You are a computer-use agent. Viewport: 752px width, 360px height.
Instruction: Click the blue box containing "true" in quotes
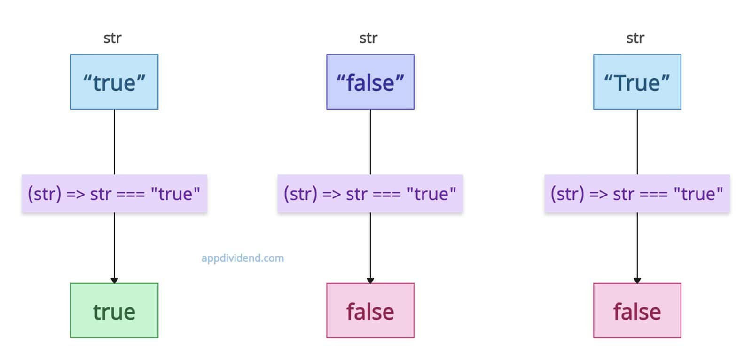(114, 82)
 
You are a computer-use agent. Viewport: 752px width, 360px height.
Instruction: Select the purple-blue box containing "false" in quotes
(370, 82)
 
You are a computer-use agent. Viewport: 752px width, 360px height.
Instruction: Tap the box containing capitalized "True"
(637, 82)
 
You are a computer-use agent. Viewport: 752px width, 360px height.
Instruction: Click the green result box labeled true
(114, 311)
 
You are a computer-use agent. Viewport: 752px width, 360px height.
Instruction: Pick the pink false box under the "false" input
(370, 311)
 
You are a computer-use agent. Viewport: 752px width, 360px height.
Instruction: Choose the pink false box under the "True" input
(637, 311)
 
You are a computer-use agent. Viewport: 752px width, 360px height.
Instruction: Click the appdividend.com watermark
(243, 258)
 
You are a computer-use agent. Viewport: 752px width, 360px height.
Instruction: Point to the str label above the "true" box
(112, 38)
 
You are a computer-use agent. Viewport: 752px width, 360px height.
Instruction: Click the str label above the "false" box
(368, 38)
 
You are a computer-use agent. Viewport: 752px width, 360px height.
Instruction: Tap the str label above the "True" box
(635, 38)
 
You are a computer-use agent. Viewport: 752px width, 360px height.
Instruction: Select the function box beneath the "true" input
(114, 194)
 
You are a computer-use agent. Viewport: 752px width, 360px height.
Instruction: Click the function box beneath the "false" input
(370, 194)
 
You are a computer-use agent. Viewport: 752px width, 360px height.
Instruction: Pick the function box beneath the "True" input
(637, 194)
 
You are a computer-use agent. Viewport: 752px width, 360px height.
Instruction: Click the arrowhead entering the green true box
(114, 281)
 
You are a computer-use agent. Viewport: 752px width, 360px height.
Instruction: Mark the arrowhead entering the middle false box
(370, 281)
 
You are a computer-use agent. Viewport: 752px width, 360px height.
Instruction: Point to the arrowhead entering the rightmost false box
(637, 281)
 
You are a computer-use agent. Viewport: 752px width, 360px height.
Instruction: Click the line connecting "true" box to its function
(114, 142)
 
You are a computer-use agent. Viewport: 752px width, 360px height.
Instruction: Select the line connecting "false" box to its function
(370, 142)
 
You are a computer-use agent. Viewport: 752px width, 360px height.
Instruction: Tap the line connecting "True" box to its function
(637, 142)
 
